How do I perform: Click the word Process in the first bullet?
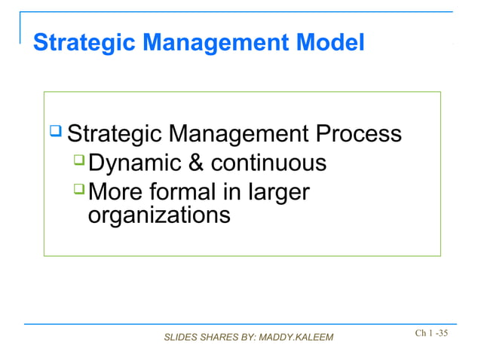click(357, 135)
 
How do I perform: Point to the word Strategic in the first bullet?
click(113, 135)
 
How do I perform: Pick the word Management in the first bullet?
click(237, 135)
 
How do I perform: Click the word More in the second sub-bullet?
click(114, 192)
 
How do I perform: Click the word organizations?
click(159, 216)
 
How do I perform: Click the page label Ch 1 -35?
click(431, 332)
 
